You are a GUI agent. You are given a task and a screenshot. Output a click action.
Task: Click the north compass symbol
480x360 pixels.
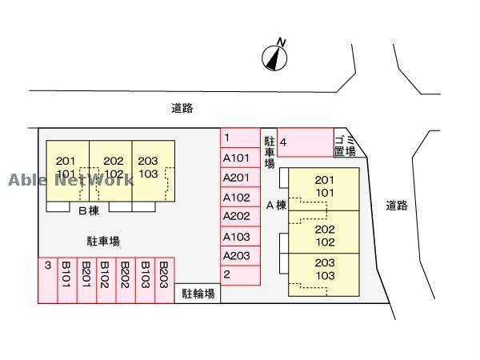point(274,56)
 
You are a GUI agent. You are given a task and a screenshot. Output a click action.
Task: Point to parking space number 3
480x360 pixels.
point(47,280)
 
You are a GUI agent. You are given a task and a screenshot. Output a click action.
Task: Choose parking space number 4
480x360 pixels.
point(305,143)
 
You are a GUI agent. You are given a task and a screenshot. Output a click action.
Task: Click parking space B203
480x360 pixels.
point(164,280)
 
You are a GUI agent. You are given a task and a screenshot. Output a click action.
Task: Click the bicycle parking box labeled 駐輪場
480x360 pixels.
point(198,294)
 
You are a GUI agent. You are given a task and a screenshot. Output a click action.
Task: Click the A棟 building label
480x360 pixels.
point(275,206)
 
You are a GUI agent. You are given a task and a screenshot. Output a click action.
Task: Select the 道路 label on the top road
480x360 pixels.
point(182,108)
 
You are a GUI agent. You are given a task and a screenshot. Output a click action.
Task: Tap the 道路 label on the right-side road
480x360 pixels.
point(396,206)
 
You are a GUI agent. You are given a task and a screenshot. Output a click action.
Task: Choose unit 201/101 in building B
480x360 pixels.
point(66,167)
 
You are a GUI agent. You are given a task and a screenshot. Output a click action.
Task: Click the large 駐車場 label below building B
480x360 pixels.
point(103,240)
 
